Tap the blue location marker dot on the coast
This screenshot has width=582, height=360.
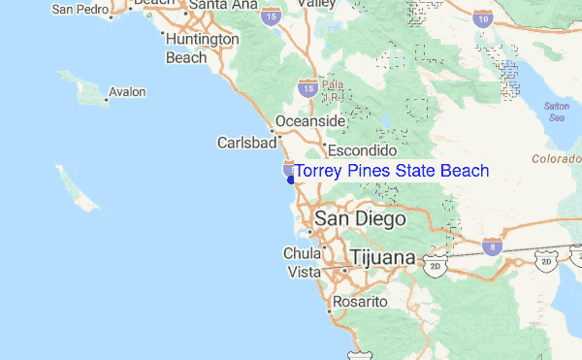(291, 179)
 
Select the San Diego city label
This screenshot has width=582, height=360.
(359, 220)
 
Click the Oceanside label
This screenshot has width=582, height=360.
(310, 121)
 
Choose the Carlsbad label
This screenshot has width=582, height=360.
(247, 143)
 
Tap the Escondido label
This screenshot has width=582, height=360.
(363, 151)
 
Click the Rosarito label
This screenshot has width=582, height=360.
(360, 303)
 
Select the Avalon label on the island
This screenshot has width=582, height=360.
(127, 92)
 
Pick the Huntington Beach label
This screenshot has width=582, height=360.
(201, 49)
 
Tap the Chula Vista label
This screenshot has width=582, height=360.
(302, 263)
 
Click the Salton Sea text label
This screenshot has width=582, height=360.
(556, 110)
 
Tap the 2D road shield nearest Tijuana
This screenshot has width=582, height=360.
(434, 262)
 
